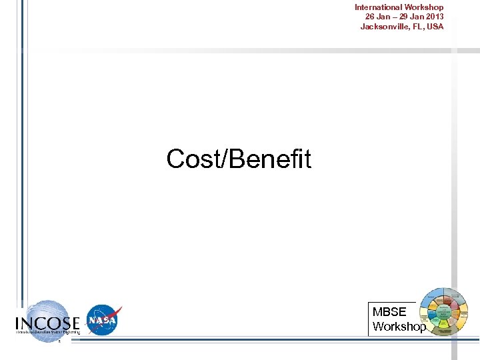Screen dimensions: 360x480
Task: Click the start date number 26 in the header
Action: click(370, 17)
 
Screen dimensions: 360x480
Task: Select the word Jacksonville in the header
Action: click(384, 27)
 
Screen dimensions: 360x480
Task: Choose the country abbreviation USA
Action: click(435, 27)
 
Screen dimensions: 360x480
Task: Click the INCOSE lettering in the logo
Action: click(47, 323)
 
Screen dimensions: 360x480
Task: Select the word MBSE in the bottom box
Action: click(389, 312)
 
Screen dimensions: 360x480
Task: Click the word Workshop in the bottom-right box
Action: click(399, 327)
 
